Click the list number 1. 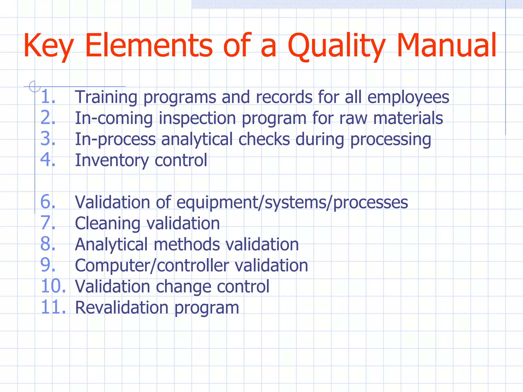tap(48, 97)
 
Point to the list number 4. tap(48, 160)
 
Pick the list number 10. tap(53, 286)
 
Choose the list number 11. tap(53, 307)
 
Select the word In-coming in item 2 tap(114, 118)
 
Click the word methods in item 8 tap(186, 244)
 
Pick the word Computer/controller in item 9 tap(152, 266)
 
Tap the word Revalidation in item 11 tap(121, 308)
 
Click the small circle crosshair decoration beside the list tap(34, 86)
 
